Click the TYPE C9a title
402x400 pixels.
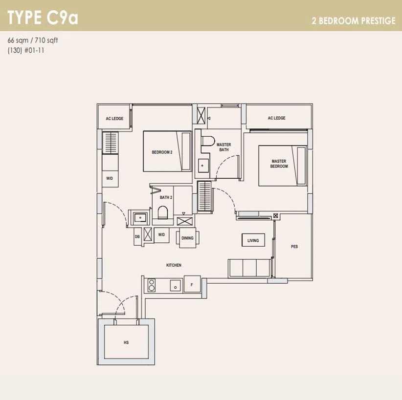click(43, 18)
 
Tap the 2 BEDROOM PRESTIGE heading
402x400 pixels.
click(354, 21)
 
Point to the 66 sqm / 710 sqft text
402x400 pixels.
click(33, 40)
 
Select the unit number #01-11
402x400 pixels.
click(34, 50)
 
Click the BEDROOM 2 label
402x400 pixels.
click(162, 152)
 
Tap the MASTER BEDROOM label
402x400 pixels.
click(279, 164)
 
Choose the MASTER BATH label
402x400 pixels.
click(224, 147)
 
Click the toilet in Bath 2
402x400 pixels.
click(162, 212)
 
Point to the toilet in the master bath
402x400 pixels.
click(208, 141)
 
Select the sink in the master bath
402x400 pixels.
click(203, 166)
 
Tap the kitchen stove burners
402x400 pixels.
click(152, 285)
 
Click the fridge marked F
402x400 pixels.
click(192, 284)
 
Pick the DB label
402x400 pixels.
click(137, 236)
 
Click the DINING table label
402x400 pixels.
click(187, 238)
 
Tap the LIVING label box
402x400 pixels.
click(253, 240)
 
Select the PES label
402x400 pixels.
click(294, 247)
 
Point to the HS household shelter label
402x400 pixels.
click(126, 342)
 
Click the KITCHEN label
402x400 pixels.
click(174, 265)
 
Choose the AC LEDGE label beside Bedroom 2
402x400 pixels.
click(114, 119)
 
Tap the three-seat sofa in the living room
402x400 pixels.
click(249, 268)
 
